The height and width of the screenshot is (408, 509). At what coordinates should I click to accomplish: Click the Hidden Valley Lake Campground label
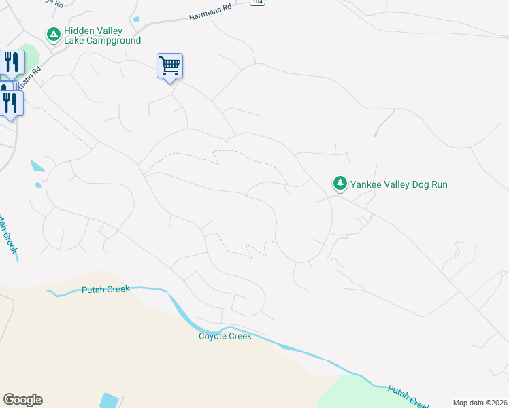tap(102, 36)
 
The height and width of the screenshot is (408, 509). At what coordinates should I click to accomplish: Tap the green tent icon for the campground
tap(52, 33)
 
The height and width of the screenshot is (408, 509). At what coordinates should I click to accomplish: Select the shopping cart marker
tap(169, 67)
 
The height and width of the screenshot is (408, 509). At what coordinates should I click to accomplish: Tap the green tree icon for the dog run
tap(339, 183)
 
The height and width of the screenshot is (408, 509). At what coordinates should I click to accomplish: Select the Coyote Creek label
tap(225, 336)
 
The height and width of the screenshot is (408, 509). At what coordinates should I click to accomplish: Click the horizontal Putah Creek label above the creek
tap(105, 289)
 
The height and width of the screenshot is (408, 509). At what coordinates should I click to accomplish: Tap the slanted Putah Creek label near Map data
tap(408, 396)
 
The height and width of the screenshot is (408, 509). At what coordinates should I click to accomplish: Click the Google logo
tap(22, 400)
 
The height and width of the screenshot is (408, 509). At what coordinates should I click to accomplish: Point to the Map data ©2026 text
tap(480, 403)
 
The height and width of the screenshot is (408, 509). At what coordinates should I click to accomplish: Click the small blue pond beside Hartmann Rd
tap(136, 19)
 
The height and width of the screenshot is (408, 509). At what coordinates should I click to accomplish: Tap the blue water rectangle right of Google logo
tap(108, 401)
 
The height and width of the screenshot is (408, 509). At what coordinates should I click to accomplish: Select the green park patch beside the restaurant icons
tap(31, 54)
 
